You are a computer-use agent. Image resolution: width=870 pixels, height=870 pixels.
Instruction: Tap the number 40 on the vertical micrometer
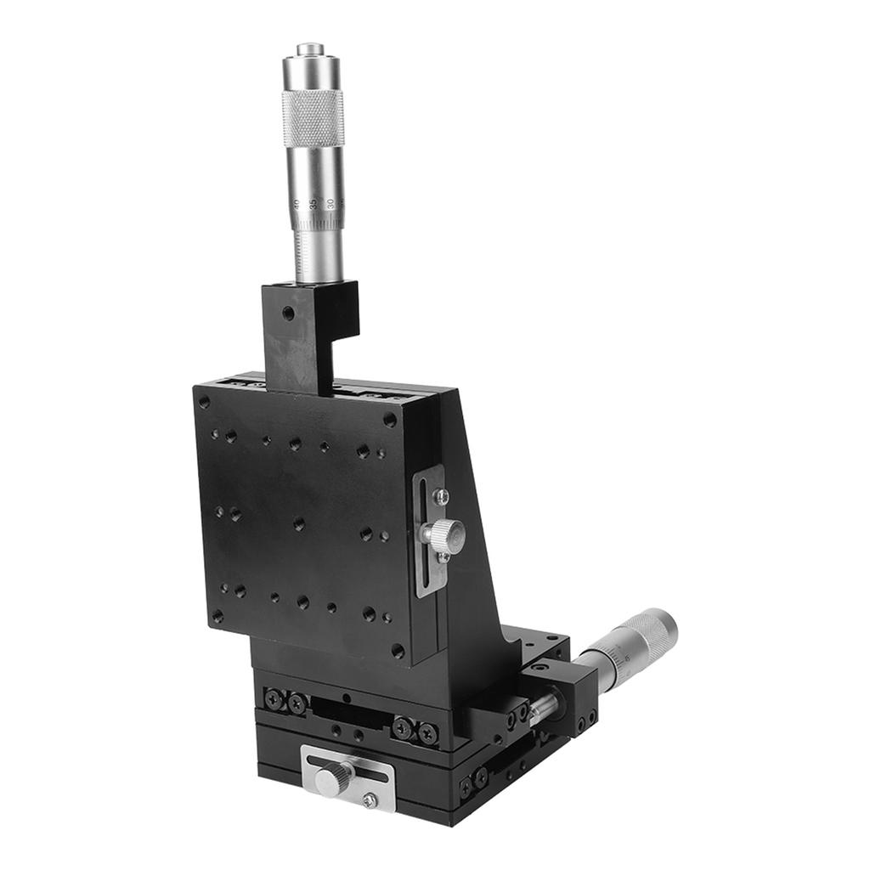click(x=297, y=205)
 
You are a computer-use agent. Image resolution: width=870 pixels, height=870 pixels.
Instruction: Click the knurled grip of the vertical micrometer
click(x=314, y=116)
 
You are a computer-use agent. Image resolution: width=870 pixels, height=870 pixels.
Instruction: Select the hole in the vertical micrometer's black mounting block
click(x=288, y=313)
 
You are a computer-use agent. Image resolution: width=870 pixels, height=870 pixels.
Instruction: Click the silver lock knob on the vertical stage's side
click(x=443, y=535)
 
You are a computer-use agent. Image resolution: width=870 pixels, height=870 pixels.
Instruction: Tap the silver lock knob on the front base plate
click(x=333, y=777)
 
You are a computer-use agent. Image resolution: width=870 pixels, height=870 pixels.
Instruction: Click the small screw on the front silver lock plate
click(x=370, y=799)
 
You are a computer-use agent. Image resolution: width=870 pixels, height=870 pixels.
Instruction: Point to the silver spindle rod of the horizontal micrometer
click(x=544, y=705)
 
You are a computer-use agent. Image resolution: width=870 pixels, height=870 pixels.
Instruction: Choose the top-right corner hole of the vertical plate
click(x=389, y=419)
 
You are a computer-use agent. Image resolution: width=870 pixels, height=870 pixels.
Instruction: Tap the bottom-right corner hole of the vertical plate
click(x=397, y=650)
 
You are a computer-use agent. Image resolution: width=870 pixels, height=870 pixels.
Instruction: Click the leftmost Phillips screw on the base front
click(x=274, y=698)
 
